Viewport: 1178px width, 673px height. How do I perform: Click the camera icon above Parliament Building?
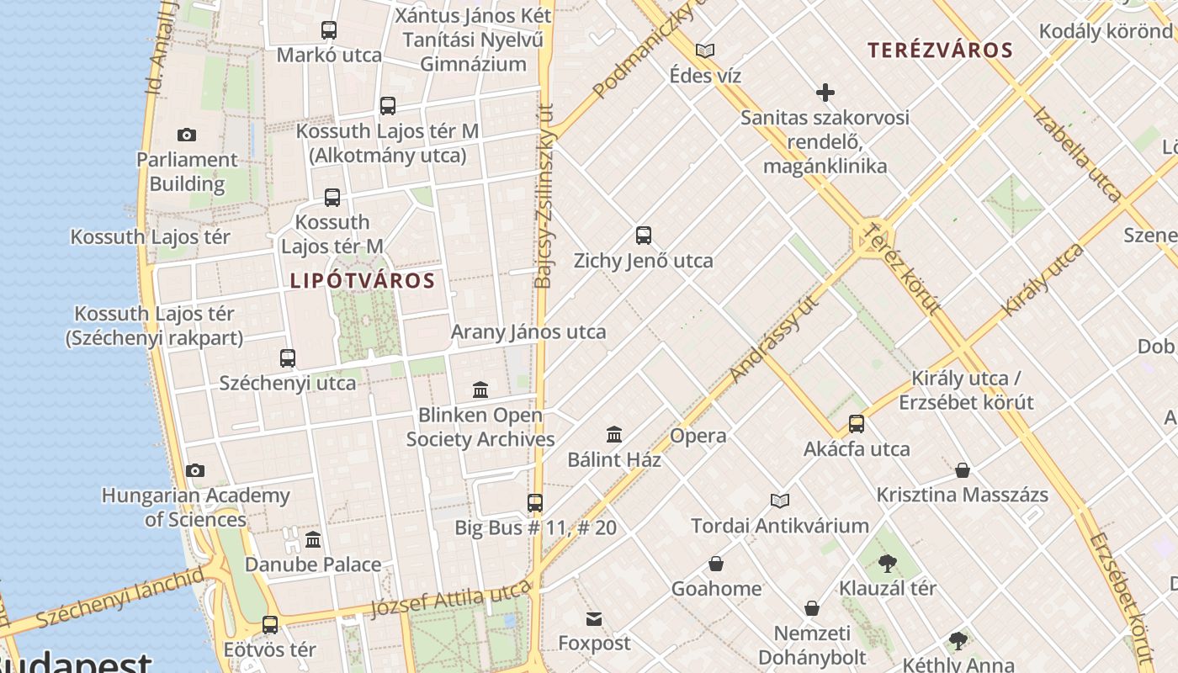click(187, 135)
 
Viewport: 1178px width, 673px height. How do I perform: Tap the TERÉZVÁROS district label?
click(941, 50)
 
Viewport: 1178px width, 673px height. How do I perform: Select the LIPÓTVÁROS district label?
click(363, 280)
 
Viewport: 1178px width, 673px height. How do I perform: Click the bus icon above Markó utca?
click(329, 31)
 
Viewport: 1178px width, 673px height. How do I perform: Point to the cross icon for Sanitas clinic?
click(825, 93)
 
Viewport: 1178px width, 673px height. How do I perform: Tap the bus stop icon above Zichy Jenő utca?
click(644, 236)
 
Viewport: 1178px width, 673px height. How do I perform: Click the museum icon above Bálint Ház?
click(614, 435)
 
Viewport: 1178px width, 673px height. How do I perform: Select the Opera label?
click(698, 436)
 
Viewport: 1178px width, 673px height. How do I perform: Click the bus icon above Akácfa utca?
click(857, 424)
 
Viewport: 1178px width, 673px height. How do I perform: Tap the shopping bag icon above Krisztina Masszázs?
click(963, 470)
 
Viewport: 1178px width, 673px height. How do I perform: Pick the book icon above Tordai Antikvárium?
click(780, 501)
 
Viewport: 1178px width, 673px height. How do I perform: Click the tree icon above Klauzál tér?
click(887, 564)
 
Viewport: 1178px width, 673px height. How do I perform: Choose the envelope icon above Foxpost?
click(594, 619)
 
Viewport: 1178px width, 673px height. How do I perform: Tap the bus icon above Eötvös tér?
click(270, 625)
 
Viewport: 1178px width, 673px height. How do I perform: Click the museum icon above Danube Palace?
click(313, 539)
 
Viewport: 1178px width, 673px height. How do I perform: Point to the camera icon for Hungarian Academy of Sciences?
click(195, 471)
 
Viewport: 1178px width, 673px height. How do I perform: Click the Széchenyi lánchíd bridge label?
click(119, 599)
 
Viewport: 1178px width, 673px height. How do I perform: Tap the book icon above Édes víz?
click(705, 51)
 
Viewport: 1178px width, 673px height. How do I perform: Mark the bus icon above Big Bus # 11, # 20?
click(535, 503)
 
